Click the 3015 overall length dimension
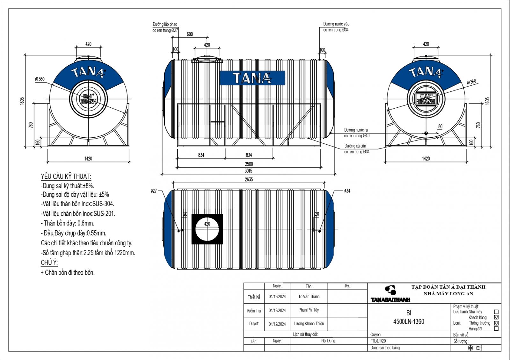(x=249, y=171)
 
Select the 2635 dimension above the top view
(x=249, y=180)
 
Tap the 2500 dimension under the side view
(x=249, y=164)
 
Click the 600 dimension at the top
(x=190, y=34)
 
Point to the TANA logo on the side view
(x=252, y=78)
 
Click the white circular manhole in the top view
(x=207, y=229)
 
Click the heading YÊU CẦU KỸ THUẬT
(x=66, y=176)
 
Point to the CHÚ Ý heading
(x=49, y=263)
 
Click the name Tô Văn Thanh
(x=309, y=297)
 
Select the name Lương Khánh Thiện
(x=309, y=324)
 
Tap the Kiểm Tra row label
(x=254, y=311)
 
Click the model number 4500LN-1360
(x=409, y=322)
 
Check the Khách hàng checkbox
(x=496, y=317)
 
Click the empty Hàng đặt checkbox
(x=496, y=328)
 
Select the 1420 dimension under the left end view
(x=88, y=159)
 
